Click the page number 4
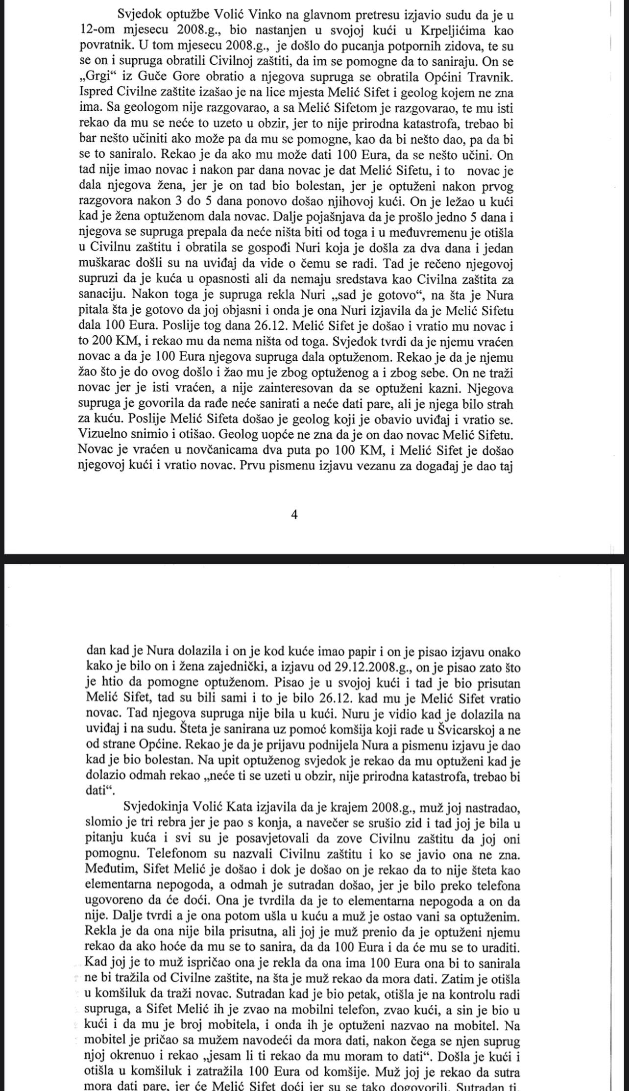[294, 515]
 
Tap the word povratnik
[103, 47]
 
